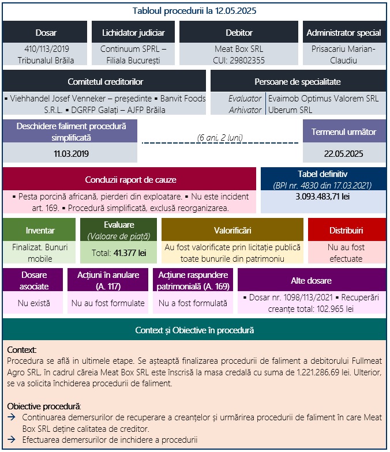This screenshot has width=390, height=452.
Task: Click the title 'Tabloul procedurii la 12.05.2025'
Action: (194, 11)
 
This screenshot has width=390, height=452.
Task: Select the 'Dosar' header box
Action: (46, 33)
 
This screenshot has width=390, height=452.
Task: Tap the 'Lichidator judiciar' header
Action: (133, 33)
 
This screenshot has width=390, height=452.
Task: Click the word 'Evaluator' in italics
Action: (245, 99)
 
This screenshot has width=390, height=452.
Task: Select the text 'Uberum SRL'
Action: (290, 110)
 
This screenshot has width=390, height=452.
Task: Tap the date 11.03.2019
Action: (71, 153)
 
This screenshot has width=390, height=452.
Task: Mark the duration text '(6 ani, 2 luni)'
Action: (220, 137)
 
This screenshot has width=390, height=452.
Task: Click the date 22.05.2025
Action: (344, 153)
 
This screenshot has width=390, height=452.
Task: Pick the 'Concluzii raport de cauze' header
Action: (130, 180)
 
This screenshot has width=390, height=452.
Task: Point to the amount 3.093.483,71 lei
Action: (322, 197)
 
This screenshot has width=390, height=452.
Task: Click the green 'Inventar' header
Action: (40, 230)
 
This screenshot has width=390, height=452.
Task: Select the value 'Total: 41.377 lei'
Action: (118, 253)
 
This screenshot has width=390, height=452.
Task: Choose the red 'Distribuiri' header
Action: (346, 230)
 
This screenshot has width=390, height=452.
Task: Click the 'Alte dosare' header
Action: (311, 280)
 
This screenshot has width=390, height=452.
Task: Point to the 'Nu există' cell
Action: (34, 302)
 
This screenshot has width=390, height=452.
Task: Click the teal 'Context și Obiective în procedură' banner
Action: (194, 330)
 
